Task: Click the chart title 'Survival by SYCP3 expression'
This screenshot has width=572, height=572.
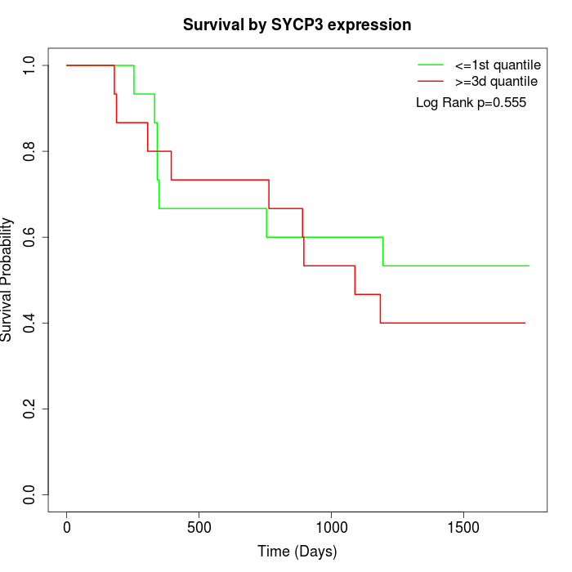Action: point(297,25)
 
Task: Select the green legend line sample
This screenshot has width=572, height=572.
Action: point(430,64)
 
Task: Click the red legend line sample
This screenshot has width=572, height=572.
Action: point(430,82)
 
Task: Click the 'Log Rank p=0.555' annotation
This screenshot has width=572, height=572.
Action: point(471,103)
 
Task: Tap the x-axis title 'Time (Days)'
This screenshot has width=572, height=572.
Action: point(297,552)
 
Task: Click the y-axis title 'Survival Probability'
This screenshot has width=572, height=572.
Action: point(8,279)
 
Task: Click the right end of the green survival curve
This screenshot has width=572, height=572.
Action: point(529,266)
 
